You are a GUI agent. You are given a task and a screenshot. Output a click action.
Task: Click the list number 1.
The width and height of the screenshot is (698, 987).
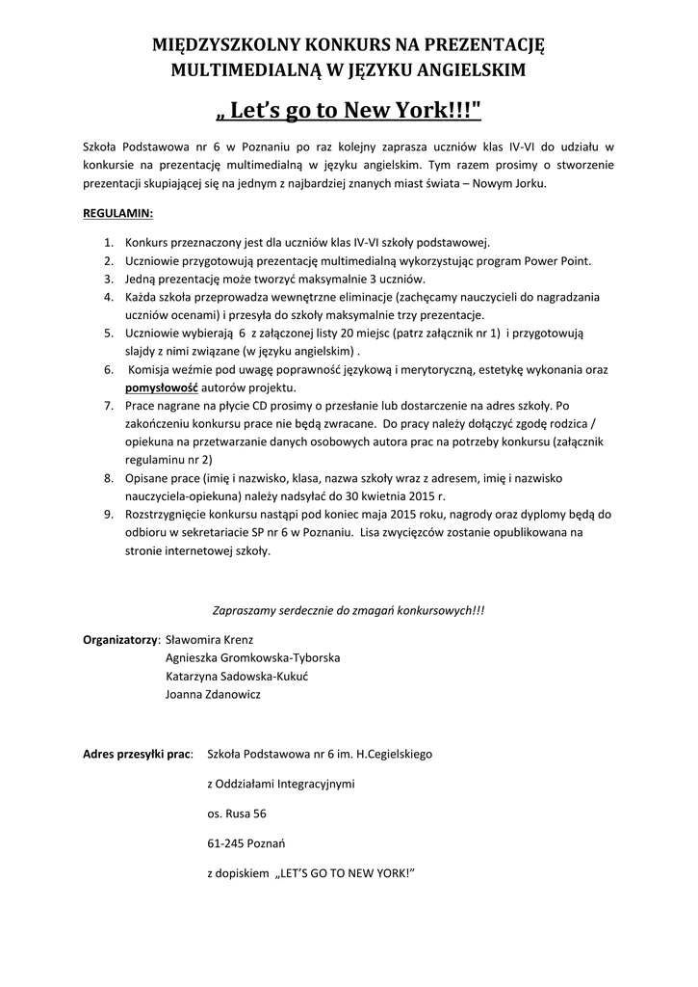[109, 243]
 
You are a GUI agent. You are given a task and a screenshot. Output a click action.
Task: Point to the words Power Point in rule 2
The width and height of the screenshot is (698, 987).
[560, 261]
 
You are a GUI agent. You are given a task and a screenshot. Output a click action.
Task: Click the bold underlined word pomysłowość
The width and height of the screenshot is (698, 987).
[162, 387]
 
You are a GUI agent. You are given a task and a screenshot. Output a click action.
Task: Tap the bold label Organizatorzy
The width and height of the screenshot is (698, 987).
[120, 638]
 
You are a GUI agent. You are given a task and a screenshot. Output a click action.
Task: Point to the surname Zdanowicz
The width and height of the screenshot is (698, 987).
[228, 693]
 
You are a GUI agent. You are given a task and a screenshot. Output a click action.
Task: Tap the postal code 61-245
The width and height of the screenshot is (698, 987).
[226, 844]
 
